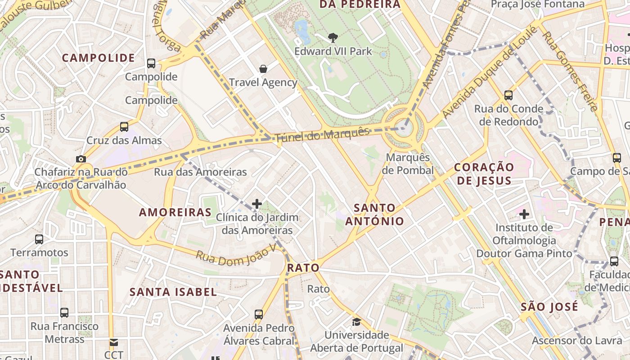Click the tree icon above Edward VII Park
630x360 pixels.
tap(333, 38)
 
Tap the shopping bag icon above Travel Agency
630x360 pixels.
tap(263, 69)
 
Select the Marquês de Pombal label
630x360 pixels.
tap(409, 164)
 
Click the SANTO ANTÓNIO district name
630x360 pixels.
tap(374, 215)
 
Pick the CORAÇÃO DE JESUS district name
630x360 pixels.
tap(483, 174)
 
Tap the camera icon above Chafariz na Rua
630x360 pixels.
tap(81, 159)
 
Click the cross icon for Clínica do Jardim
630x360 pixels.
tap(257, 204)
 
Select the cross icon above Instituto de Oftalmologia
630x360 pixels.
tap(524, 214)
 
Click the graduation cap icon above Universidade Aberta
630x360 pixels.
tap(356, 322)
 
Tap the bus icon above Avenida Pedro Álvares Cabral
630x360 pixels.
tap(259, 314)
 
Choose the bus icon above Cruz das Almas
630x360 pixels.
tap(124, 127)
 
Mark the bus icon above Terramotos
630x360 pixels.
tap(39, 239)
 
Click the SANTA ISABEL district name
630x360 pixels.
tap(173, 292)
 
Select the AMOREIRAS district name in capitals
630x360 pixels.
tap(175, 212)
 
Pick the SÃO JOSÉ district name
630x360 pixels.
tap(549, 307)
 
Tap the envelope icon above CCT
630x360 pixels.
tap(113, 343)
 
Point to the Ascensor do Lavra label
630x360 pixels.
tap(577, 341)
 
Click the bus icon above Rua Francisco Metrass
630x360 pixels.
tap(64, 312)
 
